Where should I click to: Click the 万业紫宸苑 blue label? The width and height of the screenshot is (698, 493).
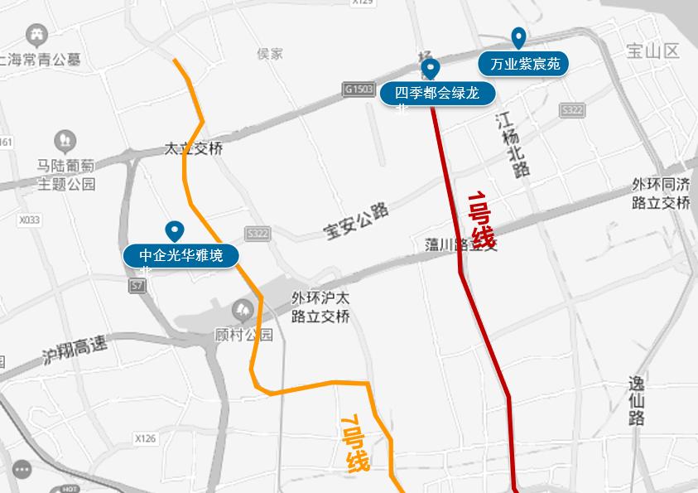tap(524, 64)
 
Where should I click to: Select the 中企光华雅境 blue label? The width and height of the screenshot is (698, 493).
tap(181, 255)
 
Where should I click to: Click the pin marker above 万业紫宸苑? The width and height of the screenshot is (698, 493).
tap(518, 37)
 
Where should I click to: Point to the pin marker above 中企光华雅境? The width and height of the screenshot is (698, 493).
tap(175, 230)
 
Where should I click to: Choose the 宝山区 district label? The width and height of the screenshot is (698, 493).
tap(652, 51)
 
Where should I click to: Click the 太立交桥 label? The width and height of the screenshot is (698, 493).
tap(194, 150)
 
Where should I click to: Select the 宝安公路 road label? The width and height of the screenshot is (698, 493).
tap(357, 222)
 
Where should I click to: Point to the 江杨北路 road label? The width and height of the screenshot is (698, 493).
tap(513, 144)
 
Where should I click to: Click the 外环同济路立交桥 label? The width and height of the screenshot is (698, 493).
tap(660, 193)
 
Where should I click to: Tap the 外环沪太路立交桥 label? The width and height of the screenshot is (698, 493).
tap(320, 307)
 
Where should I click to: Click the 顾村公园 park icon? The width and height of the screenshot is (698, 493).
tap(243, 310)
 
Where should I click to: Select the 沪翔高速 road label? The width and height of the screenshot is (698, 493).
tap(75, 352)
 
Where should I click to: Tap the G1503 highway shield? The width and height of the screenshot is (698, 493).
tap(359, 88)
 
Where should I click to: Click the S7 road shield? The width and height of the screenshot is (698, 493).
tap(137, 285)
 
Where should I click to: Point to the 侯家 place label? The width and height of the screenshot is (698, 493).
tap(270, 54)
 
